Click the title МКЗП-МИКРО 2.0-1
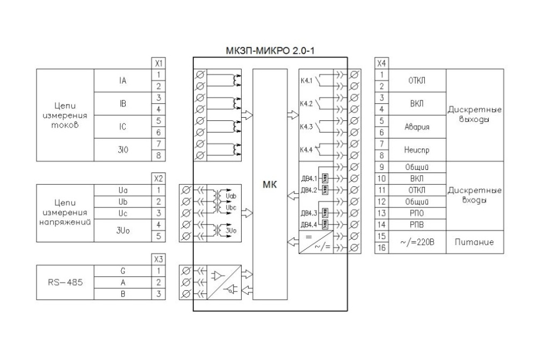270,51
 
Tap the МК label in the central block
270,184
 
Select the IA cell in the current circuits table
122,81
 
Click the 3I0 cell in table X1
123,150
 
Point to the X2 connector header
158,178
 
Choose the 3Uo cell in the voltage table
123,231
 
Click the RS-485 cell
65,283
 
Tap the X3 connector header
158,260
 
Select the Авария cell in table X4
417,127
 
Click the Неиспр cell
417,150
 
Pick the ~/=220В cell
417,242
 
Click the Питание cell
475,242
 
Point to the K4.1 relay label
306,81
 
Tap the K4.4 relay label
306,150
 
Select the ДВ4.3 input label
309,213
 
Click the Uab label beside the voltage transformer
231,196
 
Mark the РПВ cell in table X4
417,225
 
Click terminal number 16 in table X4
382,248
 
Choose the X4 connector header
382,63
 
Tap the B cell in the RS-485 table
123,294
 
